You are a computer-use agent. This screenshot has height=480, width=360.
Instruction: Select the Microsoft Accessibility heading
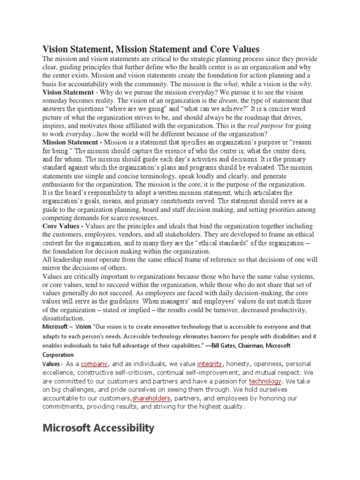98,427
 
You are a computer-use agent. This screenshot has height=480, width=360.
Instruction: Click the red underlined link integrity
210,364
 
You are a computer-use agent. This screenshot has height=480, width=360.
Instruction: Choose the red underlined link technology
265,382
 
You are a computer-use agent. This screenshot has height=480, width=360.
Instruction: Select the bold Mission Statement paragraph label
72,142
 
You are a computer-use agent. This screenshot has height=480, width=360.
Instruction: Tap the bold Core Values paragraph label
63,226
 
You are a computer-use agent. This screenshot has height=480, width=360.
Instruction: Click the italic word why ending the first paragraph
305,84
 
